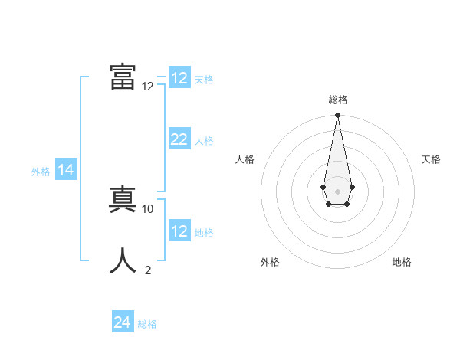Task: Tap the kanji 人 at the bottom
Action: [x=123, y=260]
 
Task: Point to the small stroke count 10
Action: [x=148, y=208]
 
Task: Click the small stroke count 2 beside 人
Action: [x=148, y=270]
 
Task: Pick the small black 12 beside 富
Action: [x=148, y=87]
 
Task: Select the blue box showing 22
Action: [x=179, y=139]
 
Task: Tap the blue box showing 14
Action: [x=65, y=170]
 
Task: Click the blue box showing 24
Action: [x=122, y=322]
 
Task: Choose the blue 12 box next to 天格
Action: [x=179, y=77]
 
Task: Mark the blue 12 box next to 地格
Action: [x=179, y=231]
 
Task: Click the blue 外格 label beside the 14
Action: [x=41, y=172]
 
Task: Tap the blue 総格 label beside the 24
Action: [x=147, y=324]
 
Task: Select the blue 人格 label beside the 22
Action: [x=204, y=141]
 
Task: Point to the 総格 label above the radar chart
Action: [x=337, y=100]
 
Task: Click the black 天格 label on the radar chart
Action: [x=431, y=159]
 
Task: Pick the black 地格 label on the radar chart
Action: [x=402, y=262]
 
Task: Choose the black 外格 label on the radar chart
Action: [x=270, y=262]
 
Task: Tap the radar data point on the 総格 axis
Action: [x=337, y=116]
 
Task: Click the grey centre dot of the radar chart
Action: [x=337, y=191]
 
